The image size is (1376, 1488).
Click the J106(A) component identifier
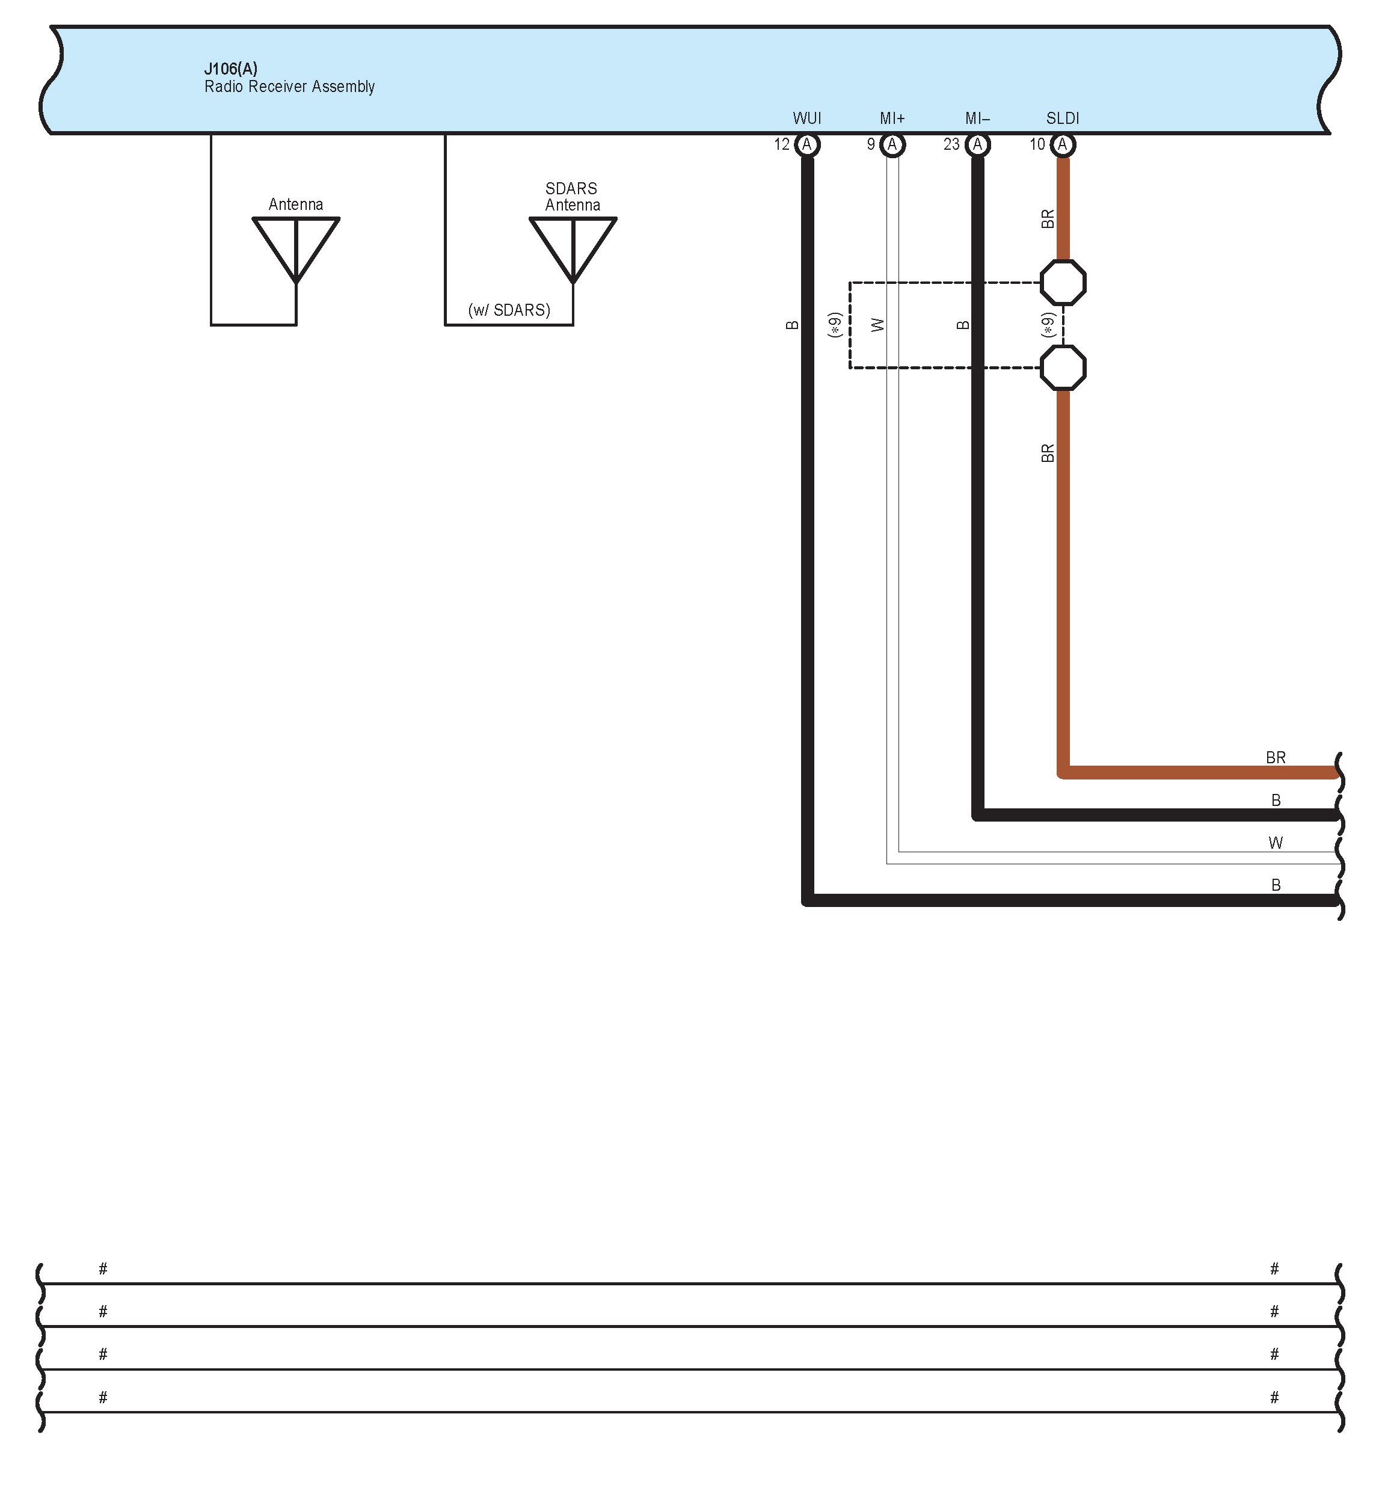231,69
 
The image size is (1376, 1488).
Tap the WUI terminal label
806,118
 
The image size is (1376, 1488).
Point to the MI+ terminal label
892,118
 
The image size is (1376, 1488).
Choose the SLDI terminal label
1063,118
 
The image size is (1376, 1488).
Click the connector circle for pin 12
806,144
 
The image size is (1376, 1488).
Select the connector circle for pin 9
892,144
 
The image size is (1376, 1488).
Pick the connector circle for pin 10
1063,144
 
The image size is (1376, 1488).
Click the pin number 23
951,144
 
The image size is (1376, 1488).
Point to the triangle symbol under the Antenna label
296,246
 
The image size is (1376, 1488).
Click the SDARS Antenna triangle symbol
573,246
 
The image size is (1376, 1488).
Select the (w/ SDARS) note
509,310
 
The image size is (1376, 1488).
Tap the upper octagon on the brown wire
1063,282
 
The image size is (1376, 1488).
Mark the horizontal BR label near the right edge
1276,757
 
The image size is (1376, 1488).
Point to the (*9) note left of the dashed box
835,325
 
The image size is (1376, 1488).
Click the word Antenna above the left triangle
296,204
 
